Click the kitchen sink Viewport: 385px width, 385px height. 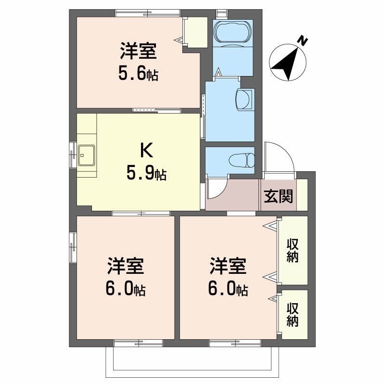(87, 155)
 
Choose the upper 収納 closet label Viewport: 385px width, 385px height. (293, 250)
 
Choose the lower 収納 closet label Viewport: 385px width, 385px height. (293, 315)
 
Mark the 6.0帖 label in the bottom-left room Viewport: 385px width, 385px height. (126, 289)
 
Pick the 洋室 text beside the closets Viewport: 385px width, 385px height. (228, 266)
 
